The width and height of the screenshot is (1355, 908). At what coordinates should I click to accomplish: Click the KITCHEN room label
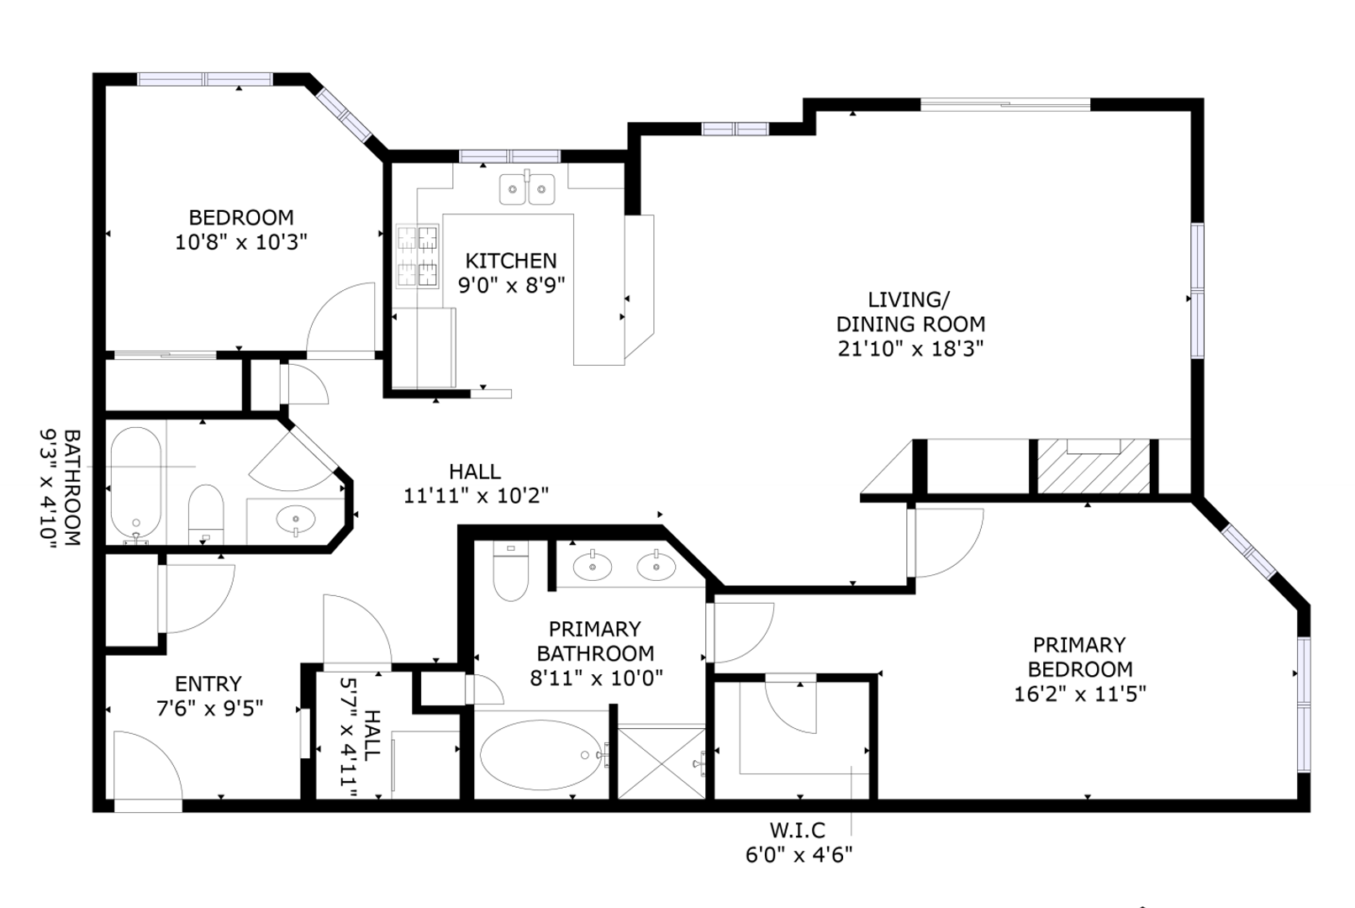pos(510,261)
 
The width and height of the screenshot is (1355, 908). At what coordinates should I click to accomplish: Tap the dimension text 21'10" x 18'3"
pos(910,349)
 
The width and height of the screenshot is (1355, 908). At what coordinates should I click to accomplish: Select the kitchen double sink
pos(527,188)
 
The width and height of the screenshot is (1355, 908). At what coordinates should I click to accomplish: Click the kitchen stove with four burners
pos(418,256)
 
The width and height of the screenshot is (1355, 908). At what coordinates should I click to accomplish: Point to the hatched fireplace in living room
pos(1094,467)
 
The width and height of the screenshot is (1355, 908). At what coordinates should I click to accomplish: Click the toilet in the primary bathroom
pos(510,571)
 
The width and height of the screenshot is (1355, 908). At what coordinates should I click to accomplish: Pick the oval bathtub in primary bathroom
pos(541,754)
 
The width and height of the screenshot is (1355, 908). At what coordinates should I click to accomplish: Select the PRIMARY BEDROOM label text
pos(1080,657)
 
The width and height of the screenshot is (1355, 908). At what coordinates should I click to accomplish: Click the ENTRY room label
pos(208,684)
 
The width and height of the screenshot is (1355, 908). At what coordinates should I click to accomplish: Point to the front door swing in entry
pos(148,765)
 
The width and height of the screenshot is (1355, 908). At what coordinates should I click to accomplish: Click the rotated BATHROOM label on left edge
pos(72,488)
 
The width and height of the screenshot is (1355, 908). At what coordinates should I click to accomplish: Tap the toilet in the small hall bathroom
pos(206,515)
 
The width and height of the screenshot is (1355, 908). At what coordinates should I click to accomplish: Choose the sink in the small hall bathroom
pos(296,520)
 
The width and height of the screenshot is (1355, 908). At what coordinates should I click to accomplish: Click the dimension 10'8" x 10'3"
pos(241,243)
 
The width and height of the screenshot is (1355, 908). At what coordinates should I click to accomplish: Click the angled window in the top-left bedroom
pos(344,115)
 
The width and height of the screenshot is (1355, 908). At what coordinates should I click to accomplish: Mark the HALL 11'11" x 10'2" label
pos(476,483)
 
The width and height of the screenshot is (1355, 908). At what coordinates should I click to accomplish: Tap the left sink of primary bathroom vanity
pos(593,567)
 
